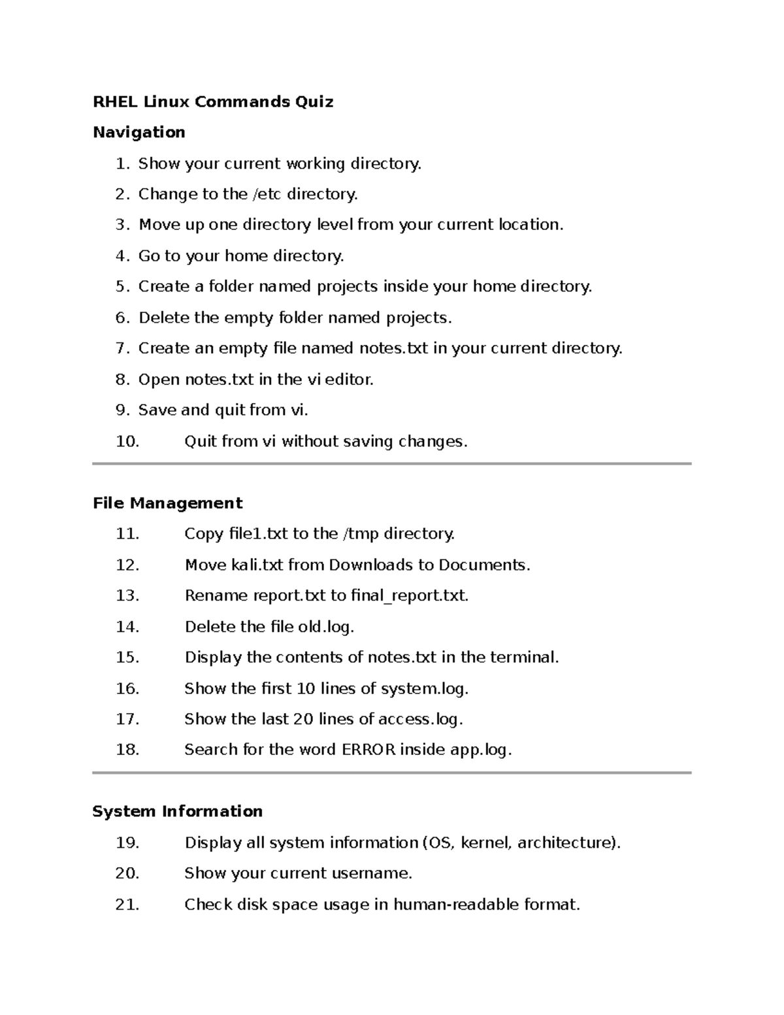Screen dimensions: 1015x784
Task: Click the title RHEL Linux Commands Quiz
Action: click(213, 102)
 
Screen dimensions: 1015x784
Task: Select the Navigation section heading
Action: click(139, 133)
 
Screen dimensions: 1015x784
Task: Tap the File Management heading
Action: click(167, 503)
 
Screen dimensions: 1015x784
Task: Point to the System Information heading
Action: click(177, 812)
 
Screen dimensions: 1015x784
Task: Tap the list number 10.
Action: click(127, 442)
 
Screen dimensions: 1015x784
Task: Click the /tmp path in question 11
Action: click(361, 534)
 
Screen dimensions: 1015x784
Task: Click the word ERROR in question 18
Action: click(368, 750)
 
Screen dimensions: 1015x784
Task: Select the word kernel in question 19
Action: click(485, 843)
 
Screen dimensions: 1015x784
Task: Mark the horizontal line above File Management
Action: click(392, 464)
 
